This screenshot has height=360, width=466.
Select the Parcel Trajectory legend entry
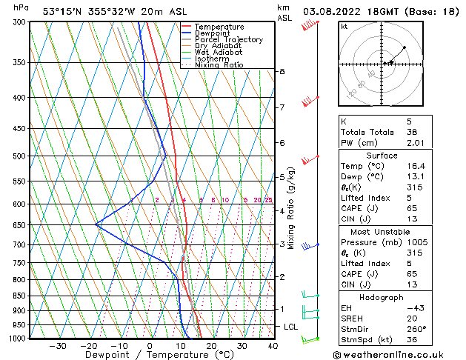228,39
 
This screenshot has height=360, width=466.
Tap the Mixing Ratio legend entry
219,65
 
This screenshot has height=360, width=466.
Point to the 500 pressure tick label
19,156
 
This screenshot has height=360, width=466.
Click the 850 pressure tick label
19,296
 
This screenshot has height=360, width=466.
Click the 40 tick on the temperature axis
273,346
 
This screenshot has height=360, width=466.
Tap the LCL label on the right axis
291,327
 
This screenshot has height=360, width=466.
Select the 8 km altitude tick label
282,71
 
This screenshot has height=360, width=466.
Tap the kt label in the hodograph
344,27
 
